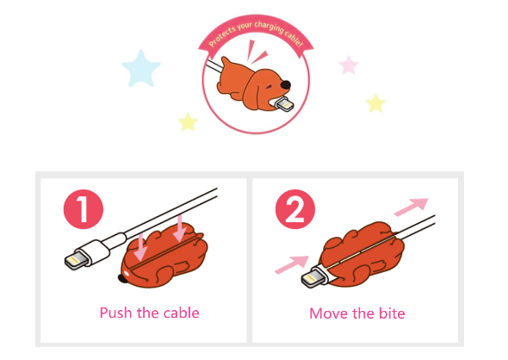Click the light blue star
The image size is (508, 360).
[141, 69]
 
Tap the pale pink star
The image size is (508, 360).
[349, 65]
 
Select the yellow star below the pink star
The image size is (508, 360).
[375, 103]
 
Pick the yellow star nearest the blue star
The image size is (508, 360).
[188, 122]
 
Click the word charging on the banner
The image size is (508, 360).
[269, 27]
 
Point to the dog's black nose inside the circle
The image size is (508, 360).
[285, 85]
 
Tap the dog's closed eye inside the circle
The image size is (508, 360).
[269, 88]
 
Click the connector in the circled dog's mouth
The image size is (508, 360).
[283, 104]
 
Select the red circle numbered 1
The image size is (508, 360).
[84, 209]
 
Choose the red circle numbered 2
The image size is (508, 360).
[295, 209]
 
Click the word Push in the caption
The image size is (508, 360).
[116, 313]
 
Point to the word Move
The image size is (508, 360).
[329, 313]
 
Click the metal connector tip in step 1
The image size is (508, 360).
[75, 261]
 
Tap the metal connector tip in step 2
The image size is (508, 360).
[312, 279]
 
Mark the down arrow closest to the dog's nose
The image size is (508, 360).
[140, 248]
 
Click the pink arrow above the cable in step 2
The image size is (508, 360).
[412, 207]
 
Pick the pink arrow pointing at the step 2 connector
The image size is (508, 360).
[292, 264]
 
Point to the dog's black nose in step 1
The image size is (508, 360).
[123, 278]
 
